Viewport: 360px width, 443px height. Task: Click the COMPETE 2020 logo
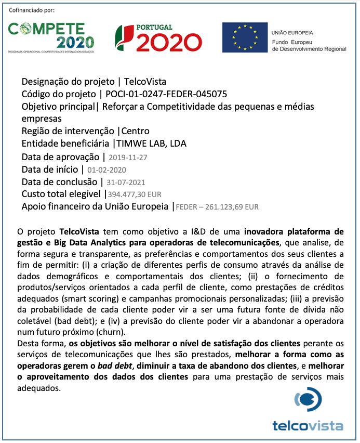coord(51,37)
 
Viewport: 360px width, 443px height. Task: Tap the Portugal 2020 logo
coord(158,37)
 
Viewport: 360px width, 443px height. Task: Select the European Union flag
coord(243,37)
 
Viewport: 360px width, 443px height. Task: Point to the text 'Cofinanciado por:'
coord(32,10)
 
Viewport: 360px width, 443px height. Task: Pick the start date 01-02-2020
coord(106,170)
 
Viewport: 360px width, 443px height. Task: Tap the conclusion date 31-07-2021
coord(126,183)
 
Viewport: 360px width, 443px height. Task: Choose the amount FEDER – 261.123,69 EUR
coord(218,207)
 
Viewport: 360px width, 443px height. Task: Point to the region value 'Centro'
coord(135,131)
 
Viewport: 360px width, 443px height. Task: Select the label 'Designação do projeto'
coord(68,82)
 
